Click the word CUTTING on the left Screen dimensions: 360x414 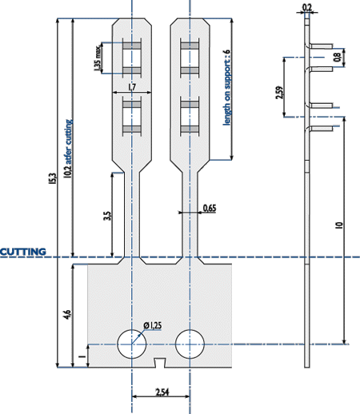click(x=23, y=252)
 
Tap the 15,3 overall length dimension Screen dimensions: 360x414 click(x=53, y=179)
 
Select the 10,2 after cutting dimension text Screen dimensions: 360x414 click(x=68, y=149)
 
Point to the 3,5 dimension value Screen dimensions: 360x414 click(x=107, y=216)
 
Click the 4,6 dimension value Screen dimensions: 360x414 click(x=68, y=315)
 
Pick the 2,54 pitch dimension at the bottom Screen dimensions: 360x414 click(x=162, y=392)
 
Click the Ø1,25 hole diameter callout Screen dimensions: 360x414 click(x=152, y=325)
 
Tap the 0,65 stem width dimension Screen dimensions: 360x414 click(x=210, y=208)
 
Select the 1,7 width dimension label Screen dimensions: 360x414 click(x=132, y=87)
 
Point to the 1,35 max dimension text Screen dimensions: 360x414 click(x=98, y=58)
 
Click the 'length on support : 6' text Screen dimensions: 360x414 click(x=226, y=87)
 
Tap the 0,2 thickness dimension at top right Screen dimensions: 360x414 click(x=307, y=7)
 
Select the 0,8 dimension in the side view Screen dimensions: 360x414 click(x=337, y=58)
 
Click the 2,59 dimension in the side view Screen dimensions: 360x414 click(x=279, y=93)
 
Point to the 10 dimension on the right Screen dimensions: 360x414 click(x=339, y=225)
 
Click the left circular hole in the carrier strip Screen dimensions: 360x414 click(x=132, y=344)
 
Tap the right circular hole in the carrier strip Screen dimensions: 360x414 click(x=190, y=344)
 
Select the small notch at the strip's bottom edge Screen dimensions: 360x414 click(x=160, y=363)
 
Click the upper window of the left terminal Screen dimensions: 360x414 click(x=132, y=58)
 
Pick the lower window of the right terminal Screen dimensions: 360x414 click(x=190, y=116)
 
